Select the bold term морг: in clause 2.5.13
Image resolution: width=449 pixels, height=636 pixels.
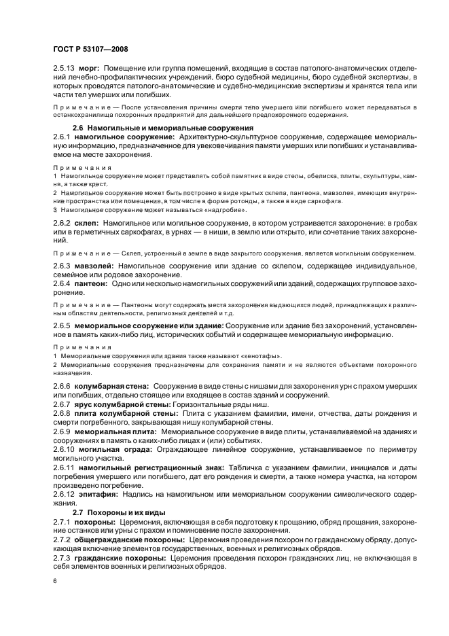90,69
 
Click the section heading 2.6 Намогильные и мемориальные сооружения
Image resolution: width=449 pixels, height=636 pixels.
163,127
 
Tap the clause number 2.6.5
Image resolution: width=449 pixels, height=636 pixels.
62,325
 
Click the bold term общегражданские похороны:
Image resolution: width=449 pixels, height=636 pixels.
122,539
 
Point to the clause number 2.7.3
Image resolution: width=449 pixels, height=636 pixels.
62,557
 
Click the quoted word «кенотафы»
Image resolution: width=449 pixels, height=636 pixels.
263,356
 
